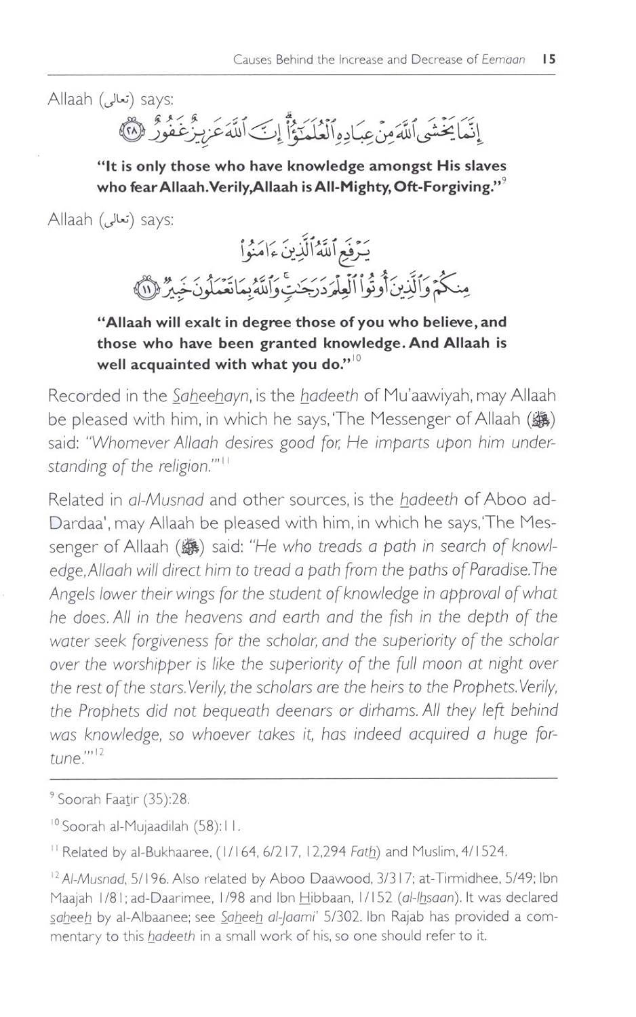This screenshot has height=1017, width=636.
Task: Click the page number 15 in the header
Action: click(x=549, y=60)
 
